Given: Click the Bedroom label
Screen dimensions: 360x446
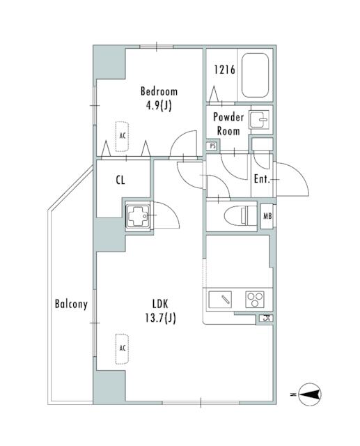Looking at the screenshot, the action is tap(159, 91).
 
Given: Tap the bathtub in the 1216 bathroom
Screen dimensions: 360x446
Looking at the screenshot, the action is tap(255, 75).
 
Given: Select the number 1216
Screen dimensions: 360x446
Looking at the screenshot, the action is tap(224, 70).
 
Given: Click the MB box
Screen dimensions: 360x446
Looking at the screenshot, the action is tap(267, 216).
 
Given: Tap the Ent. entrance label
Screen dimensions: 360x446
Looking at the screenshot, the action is tap(261, 179).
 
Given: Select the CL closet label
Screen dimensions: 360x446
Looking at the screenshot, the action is tap(120, 180).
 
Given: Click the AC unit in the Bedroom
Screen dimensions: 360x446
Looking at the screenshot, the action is tap(122, 137).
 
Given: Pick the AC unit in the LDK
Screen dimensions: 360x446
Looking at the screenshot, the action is tap(122, 348).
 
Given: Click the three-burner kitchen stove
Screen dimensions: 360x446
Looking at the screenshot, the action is tap(255, 300).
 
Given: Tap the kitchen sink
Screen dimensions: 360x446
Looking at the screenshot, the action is tap(220, 300).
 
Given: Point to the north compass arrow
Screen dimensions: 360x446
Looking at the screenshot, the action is tap(311, 394).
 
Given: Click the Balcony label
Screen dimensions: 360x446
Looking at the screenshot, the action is tap(71, 304).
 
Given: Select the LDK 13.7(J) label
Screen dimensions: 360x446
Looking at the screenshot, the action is tap(161, 311).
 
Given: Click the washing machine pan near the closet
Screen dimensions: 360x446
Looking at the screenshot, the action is tap(138, 216).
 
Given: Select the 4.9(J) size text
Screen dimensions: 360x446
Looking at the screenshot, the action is tap(159, 105).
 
